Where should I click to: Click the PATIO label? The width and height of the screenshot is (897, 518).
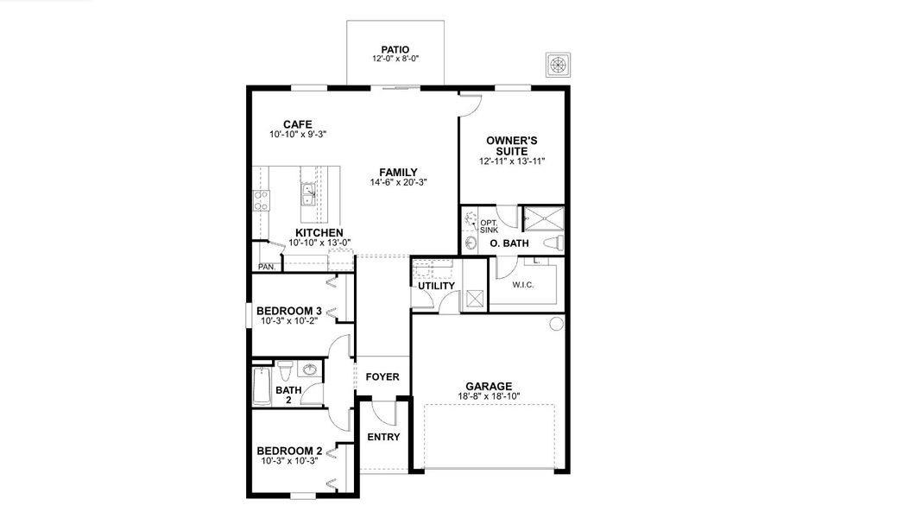coord(395,49)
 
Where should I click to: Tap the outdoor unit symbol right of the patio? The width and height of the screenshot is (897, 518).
coord(558,66)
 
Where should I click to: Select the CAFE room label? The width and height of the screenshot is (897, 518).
coord(297,123)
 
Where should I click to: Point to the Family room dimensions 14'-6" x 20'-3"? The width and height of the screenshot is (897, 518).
coord(398,182)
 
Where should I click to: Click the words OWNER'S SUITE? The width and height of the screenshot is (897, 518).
coord(512,144)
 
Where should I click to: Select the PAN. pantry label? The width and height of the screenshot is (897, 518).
coord(266,267)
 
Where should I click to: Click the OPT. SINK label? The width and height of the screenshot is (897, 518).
coord(488,225)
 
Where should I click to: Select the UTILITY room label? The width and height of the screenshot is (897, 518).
coord(436,286)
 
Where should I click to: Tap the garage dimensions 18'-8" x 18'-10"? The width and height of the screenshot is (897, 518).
coord(489,396)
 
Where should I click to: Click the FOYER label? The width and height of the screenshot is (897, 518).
coord(382,377)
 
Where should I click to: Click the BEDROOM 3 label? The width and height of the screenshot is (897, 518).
coord(289,311)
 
